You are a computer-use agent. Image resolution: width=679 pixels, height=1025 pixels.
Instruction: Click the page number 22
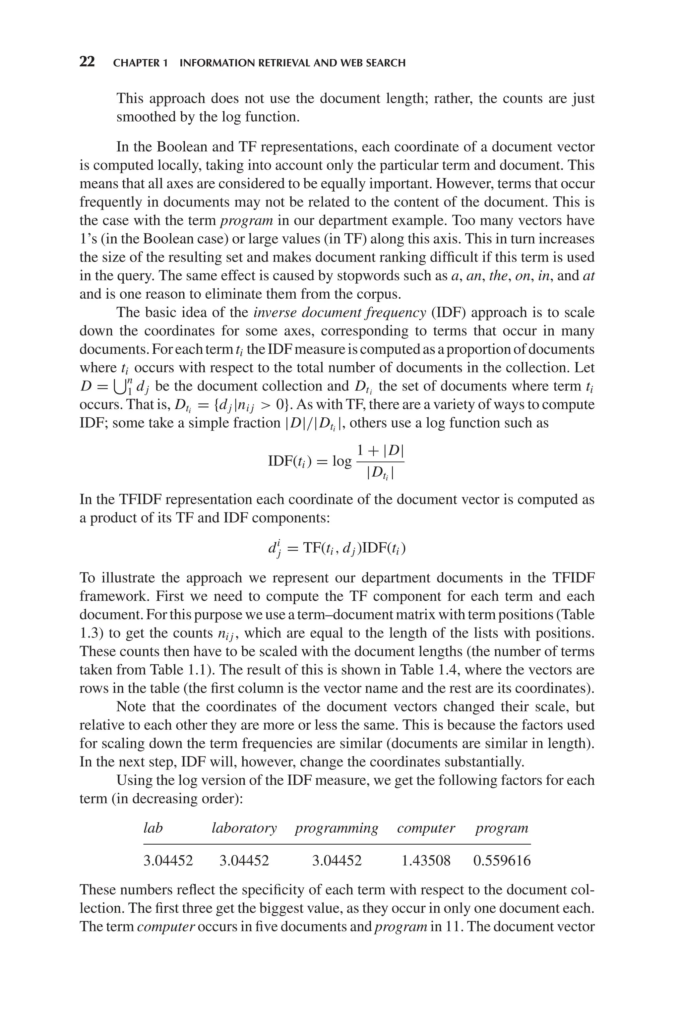tap(87, 62)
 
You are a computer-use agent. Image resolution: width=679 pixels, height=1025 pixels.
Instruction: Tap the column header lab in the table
tap(153, 828)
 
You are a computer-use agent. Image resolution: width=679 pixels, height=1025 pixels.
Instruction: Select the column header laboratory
tap(244, 828)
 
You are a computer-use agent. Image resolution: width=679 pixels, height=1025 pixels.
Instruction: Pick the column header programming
tap(337, 828)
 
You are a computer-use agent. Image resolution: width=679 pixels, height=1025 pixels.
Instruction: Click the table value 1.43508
tap(426, 861)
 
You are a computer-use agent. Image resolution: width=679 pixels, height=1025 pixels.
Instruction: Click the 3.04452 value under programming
tap(337, 861)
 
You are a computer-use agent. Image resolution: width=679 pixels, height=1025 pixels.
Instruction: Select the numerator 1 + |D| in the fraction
tap(380, 451)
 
